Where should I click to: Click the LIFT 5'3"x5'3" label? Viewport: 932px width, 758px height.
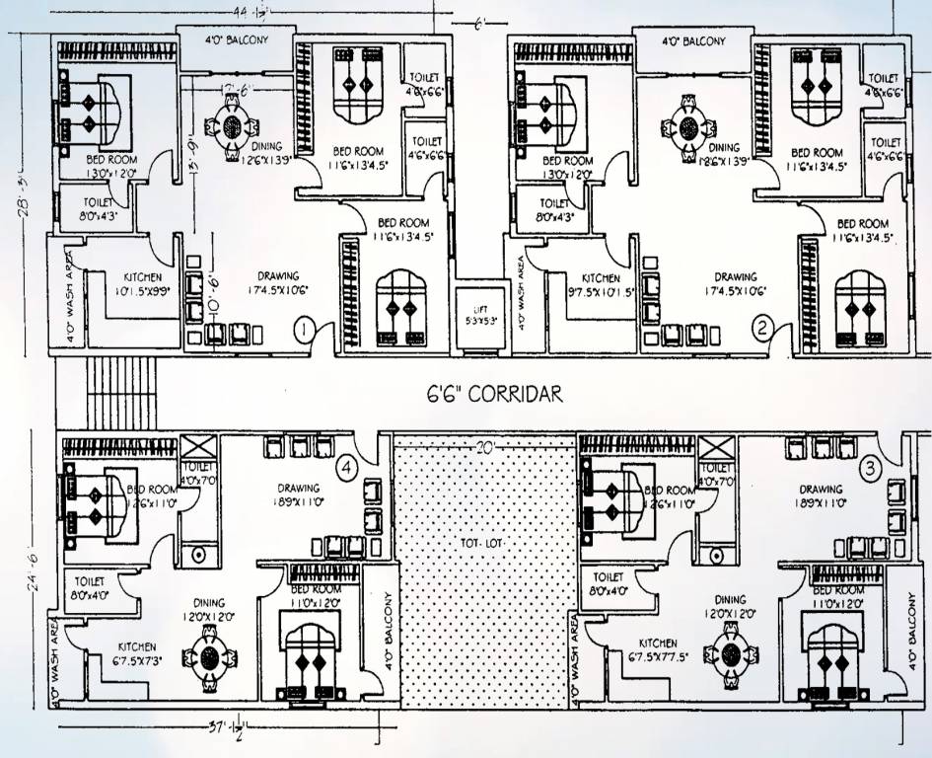479,316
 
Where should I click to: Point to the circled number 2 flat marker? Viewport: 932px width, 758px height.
761,328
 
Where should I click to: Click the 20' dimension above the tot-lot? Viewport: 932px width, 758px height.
484,445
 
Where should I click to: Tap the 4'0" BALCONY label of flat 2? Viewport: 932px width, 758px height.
692,41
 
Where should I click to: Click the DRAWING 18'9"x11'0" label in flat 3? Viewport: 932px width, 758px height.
821,496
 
